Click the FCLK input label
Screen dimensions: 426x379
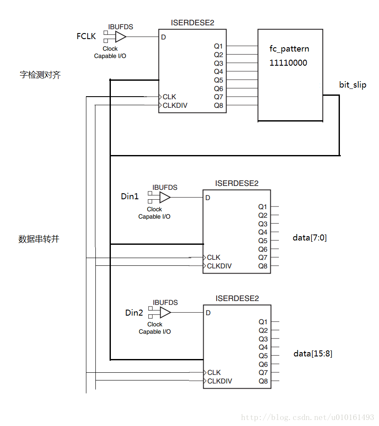point(86,37)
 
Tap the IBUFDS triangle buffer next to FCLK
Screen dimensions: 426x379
point(120,37)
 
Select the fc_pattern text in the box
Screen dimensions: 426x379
point(289,49)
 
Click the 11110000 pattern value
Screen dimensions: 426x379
point(288,63)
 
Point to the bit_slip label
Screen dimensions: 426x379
point(352,85)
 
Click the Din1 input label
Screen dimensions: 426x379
point(130,197)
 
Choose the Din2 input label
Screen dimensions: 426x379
point(134,313)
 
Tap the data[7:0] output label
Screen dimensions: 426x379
point(309,237)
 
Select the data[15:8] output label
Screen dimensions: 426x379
point(312,354)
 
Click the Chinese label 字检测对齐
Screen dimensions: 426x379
point(40,75)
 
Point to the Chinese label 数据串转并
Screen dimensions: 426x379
point(39,239)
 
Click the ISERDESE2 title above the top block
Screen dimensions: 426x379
point(192,23)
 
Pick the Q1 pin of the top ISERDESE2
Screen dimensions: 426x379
point(218,46)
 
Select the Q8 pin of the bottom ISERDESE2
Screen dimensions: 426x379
point(263,381)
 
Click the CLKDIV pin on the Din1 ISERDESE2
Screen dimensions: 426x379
point(219,266)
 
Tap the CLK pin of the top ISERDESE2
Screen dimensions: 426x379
point(169,97)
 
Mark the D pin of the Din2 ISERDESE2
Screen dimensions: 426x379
point(208,313)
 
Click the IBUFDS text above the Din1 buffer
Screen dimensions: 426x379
point(165,188)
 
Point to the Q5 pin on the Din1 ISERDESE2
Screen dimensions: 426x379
point(263,240)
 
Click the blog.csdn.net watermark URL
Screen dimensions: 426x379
point(307,417)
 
